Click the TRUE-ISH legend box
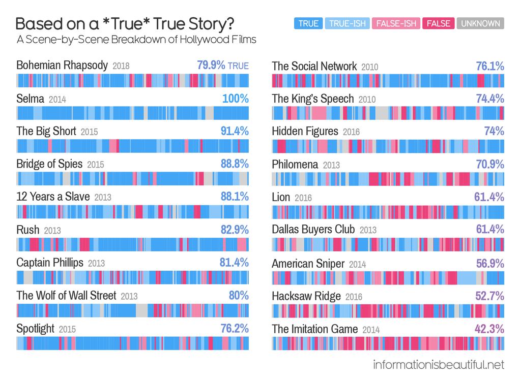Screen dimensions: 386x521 click(347, 23)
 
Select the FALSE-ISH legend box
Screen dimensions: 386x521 click(396, 23)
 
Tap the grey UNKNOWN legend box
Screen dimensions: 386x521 click(480, 23)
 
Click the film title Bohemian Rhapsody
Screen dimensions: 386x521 click(62, 66)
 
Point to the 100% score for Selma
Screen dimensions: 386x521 click(236, 99)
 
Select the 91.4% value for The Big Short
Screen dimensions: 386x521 click(235, 131)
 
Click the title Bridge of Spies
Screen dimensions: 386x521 click(49, 164)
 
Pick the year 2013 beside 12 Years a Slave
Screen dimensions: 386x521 click(103, 198)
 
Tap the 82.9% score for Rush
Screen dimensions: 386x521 click(235, 230)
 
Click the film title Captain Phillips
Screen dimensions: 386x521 click(50, 263)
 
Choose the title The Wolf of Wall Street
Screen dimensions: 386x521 click(66, 296)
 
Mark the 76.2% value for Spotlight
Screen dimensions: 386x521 click(235, 329)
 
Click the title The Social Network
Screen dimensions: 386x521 click(314, 66)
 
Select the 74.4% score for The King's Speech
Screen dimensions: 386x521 click(490, 99)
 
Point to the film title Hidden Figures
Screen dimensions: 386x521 click(305, 131)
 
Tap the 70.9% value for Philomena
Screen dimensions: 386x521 click(490, 164)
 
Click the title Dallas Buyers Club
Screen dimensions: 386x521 click(313, 230)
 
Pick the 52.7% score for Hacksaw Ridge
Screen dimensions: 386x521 click(490, 296)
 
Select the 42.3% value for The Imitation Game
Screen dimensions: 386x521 click(489, 329)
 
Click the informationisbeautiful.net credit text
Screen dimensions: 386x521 click(439, 365)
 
